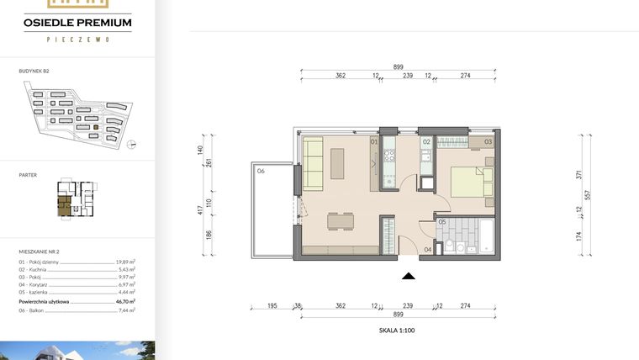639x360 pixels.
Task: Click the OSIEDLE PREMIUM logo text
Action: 77,24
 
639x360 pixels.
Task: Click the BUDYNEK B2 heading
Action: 34,73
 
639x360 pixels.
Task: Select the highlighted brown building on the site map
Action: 95,127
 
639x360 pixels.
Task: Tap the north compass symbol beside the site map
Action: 130,145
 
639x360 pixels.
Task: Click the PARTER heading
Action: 27,175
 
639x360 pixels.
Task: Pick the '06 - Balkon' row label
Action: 34,310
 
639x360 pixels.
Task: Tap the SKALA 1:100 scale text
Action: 397,331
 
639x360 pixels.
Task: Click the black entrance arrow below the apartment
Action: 408,275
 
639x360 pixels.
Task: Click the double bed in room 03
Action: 472,182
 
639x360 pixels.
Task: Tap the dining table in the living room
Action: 341,222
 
